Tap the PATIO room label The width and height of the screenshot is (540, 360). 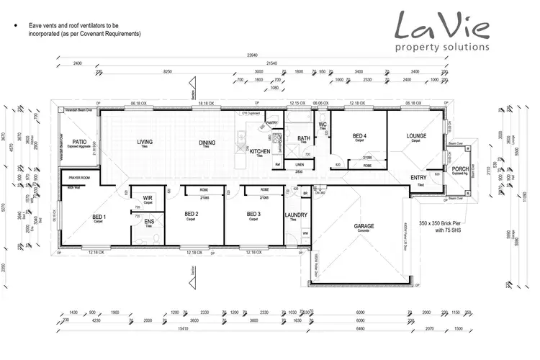tap(79, 143)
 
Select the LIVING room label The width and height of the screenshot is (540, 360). tap(145, 142)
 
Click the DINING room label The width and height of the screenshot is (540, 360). tap(207, 143)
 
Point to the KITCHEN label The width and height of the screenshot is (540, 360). tap(259, 152)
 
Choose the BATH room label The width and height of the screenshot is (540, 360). tap(304, 138)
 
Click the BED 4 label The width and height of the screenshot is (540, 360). tap(361, 135)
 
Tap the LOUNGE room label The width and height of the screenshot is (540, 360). tap(416, 135)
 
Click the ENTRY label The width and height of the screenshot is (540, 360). tap(418, 178)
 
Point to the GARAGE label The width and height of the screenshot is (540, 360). tap(364, 226)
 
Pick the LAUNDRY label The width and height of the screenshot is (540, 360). tap(296, 215)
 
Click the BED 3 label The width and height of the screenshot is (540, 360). tap(253, 215)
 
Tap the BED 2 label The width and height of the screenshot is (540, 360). tap(191, 215)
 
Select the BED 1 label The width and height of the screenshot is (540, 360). tap(99, 217)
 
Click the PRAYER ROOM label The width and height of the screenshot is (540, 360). tap(79, 176)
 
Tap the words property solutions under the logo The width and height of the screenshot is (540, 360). tap(442, 47)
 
